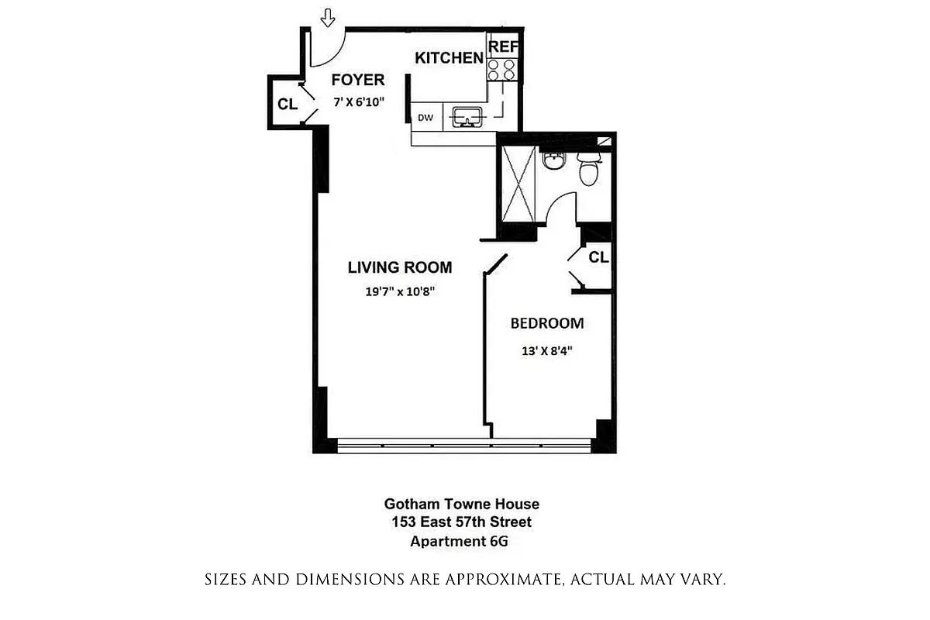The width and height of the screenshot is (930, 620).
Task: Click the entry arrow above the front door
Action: point(329,15)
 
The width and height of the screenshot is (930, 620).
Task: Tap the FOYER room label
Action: point(358,80)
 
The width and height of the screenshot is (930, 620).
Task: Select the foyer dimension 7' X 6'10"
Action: point(359,102)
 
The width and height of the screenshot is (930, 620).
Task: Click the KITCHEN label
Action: point(449,57)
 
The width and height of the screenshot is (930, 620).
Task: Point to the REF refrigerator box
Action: point(503,46)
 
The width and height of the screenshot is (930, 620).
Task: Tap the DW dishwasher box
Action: point(425,118)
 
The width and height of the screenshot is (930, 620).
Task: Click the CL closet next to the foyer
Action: point(287,104)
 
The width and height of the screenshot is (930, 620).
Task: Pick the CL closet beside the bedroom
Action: point(598,257)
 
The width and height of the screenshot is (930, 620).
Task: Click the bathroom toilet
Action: point(588,168)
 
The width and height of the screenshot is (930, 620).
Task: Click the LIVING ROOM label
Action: point(399,267)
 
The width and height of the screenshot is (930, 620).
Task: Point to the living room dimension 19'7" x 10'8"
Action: point(399,292)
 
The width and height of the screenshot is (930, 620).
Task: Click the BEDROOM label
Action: point(546,323)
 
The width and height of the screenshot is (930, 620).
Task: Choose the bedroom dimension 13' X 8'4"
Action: point(547,350)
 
